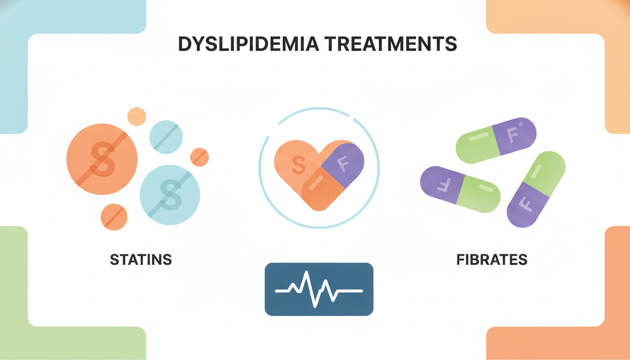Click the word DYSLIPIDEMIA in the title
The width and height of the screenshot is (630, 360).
248,44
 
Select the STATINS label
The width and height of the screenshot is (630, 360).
141,260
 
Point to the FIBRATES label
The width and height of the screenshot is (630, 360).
492,260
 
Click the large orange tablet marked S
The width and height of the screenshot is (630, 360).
102,159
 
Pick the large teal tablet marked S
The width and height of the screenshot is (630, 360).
170,195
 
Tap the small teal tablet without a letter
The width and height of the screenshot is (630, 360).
166,137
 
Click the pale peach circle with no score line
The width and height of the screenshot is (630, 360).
137,116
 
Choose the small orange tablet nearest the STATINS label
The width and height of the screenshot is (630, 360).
114,217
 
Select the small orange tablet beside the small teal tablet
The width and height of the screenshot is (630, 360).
200,157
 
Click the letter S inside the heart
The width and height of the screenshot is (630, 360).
299,165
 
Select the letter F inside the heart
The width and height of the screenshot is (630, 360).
343,164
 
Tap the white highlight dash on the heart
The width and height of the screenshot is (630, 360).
316,183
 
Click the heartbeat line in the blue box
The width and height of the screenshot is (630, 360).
319,290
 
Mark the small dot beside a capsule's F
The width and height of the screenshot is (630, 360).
521,124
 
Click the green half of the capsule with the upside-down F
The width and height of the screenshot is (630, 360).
479,194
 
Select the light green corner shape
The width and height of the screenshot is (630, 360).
56,309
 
